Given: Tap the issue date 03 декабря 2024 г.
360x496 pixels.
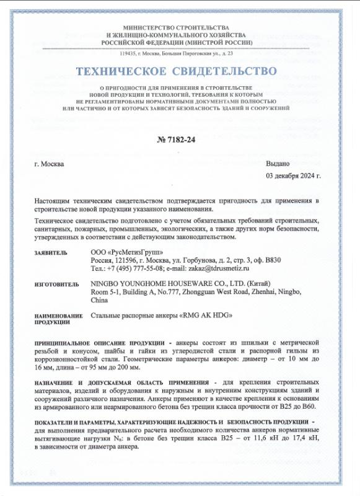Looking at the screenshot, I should (293, 175).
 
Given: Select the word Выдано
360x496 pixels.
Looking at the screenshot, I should (278, 164).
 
